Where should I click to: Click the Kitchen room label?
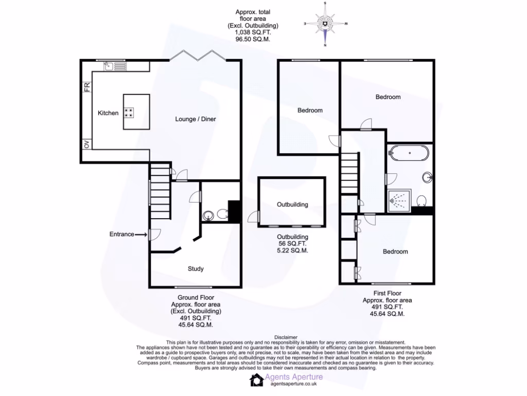[x=108, y=113]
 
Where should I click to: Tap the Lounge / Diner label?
[x=196, y=119]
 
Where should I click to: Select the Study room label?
[x=196, y=269]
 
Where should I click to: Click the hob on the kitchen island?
[x=128, y=112]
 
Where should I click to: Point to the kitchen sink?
[x=109, y=66]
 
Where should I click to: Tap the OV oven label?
[x=87, y=144]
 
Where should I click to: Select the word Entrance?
[x=121, y=234]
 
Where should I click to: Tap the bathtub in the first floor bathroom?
[x=409, y=153]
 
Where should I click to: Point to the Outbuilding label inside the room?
[x=292, y=204]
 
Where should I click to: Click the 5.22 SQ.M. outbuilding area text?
[x=292, y=251]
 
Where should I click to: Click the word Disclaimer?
[x=287, y=337]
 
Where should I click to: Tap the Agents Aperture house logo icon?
[x=256, y=380]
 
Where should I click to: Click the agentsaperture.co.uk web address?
[x=294, y=384]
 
